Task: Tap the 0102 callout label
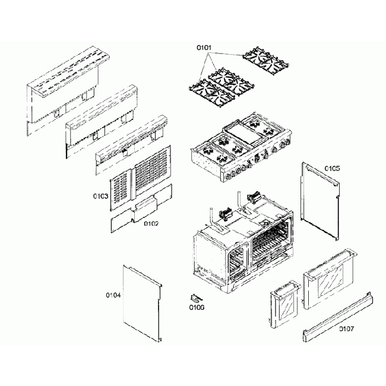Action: tap(151, 223)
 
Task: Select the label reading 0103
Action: tap(100, 195)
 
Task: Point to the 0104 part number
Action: tap(113, 294)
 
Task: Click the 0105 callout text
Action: tap(332, 168)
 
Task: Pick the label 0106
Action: tap(197, 307)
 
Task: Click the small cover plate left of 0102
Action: tap(121, 221)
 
